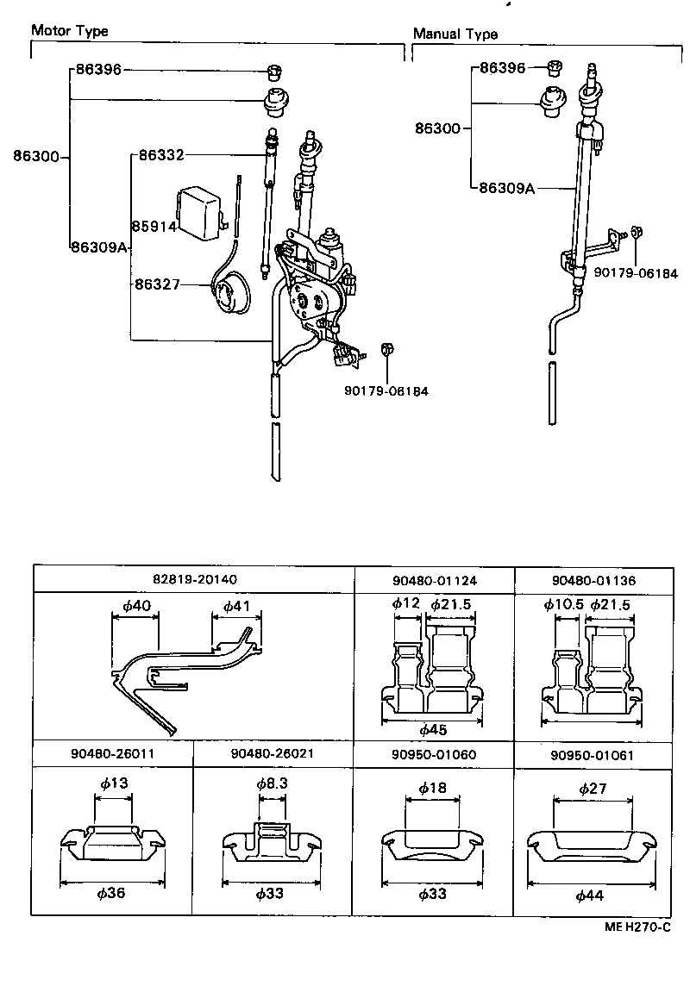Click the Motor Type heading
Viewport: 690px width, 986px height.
70,31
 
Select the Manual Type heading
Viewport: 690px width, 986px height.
455,34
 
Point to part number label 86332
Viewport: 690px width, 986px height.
161,155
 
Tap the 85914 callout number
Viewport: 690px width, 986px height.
154,227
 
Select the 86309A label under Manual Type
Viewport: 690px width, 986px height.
507,187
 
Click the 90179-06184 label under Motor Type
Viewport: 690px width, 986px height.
386,390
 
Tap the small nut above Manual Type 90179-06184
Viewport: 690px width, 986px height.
635,231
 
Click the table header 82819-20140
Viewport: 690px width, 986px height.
194,579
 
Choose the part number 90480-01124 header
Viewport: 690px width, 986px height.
434,579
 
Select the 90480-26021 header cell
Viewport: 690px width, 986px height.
272,752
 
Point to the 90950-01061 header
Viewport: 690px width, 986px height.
591,754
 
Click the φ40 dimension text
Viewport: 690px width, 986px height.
136,606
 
